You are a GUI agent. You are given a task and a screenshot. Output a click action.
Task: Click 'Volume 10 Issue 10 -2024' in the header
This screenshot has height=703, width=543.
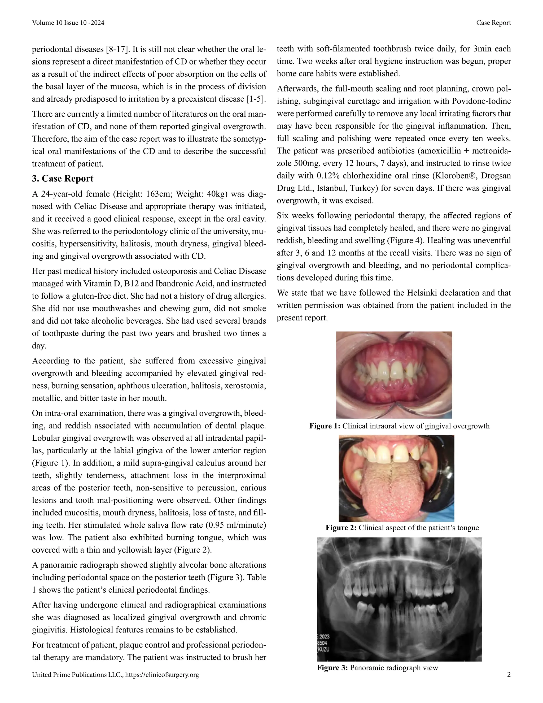click(68, 23)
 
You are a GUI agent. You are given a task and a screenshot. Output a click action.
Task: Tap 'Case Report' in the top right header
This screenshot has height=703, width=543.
click(493, 23)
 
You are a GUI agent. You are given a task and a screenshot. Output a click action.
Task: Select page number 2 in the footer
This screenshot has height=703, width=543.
click(509, 675)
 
